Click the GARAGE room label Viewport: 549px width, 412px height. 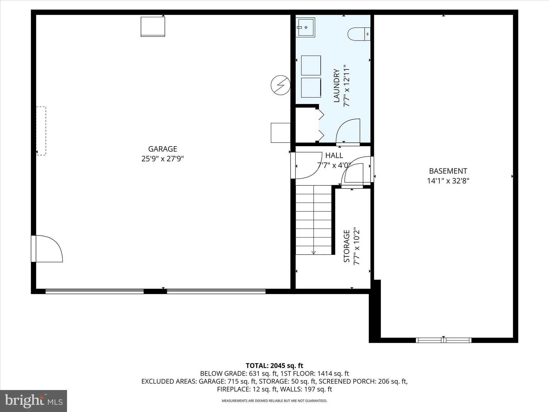pos(162,149)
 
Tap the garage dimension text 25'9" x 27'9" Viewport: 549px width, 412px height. pos(162,159)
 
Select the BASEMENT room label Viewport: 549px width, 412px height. pos(448,171)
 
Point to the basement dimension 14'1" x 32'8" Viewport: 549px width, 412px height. pos(448,181)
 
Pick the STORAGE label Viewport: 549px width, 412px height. pos(347,246)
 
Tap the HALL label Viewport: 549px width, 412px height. pos(334,155)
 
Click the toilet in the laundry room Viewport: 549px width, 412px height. pos(358,34)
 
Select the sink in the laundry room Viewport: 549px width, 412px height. pos(305,27)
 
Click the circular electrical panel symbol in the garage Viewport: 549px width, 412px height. pos(280,85)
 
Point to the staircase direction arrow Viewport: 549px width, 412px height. pos(313,252)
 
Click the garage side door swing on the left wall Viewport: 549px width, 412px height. pos(48,249)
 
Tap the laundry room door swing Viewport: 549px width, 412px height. pos(348,131)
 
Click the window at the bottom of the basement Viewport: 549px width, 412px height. pos(443,340)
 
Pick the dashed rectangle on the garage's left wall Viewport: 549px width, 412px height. pos(41,131)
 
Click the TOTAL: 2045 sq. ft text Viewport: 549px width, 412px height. pos(274,366)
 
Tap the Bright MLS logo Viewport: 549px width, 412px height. pos(34,401)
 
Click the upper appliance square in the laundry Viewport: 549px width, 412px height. pos(311,65)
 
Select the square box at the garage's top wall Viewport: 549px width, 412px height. pos(153,27)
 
